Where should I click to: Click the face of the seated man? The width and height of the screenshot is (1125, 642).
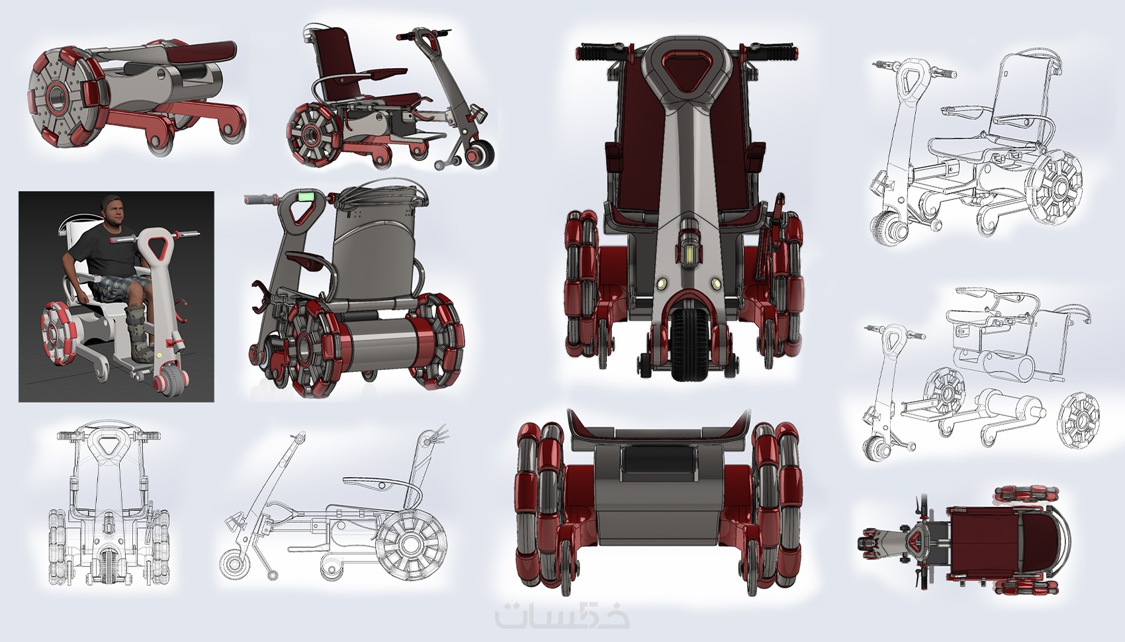point(114,212)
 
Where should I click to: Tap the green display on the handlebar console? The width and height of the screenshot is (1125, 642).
point(306,195)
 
